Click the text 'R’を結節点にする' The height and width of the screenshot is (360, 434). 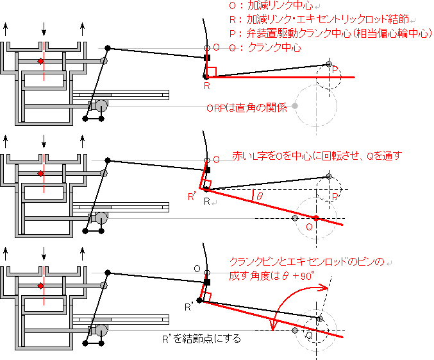(x=203, y=338)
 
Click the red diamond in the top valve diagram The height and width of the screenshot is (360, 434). (x=40, y=61)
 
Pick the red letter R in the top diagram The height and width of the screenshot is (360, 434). (x=206, y=85)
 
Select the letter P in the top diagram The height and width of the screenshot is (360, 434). (x=335, y=71)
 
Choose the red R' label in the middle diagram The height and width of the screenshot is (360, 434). (x=192, y=196)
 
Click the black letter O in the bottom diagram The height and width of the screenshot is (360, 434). (x=198, y=268)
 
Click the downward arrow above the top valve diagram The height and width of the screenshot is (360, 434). (x=44, y=30)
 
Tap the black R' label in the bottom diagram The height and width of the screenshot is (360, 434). (x=189, y=307)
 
